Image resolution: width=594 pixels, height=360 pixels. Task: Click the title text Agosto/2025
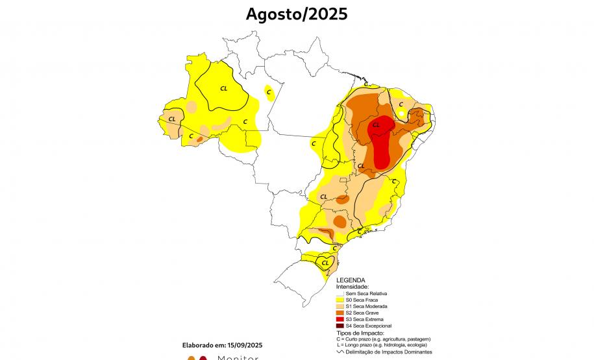pyautogui.click(x=297, y=14)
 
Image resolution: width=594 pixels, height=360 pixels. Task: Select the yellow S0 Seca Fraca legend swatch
pyautogui.click(x=340, y=300)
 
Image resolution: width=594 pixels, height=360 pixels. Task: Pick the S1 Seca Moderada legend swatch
pyautogui.click(x=340, y=307)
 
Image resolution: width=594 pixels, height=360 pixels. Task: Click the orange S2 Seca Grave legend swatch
pyautogui.click(x=340, y=313)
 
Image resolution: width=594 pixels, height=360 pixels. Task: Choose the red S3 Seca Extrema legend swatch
pyautogui.click(x=340, y=319)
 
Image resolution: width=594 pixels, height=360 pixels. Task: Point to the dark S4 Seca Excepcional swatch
pyautogui.click(x=340, y=326)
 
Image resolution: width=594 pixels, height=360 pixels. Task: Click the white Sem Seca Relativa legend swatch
pyautogui.click(x=340, y=294)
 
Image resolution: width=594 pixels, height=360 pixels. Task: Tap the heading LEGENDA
pyautogui.click(x=351, y=280)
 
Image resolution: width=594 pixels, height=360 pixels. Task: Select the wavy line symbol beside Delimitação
pyautogui.click(x=340, y=351)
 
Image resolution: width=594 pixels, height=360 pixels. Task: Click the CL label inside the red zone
pyautogui.click(x=376, y=125)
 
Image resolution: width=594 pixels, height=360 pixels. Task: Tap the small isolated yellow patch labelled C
pyautogui.click(x=269, y=93)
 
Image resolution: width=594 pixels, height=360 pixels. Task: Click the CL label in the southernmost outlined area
pyautogui.click(x=325, y=263)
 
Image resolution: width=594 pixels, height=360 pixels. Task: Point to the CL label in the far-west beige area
pyautogui.click(x=172, y=119)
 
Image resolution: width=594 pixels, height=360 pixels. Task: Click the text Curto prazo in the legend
pyautogui.click(x=361, y=339)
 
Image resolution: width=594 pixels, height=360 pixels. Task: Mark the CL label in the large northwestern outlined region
pyautogui.click(x=224, y=88)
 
